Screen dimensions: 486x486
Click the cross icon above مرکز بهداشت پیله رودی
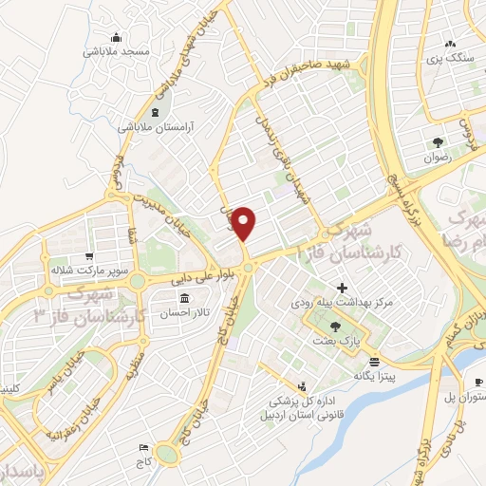(x=343, y=287)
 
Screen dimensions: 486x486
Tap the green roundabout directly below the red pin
(x=248, y=268)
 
